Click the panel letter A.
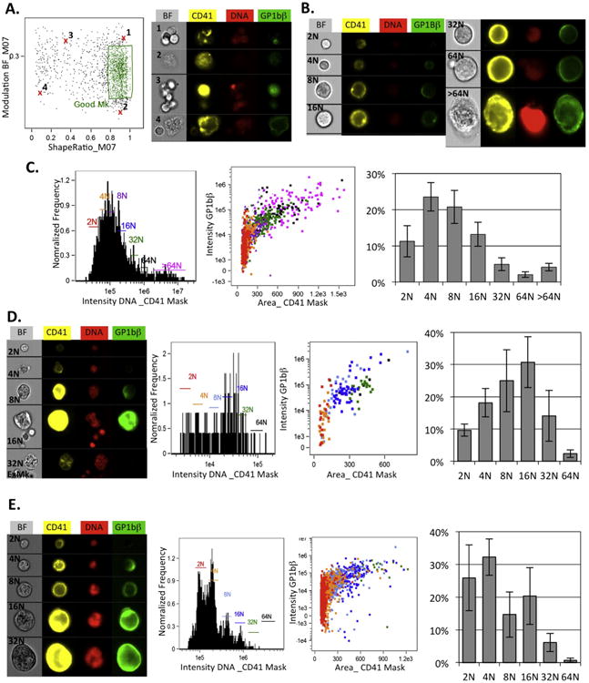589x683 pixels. (x=11, y=9)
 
